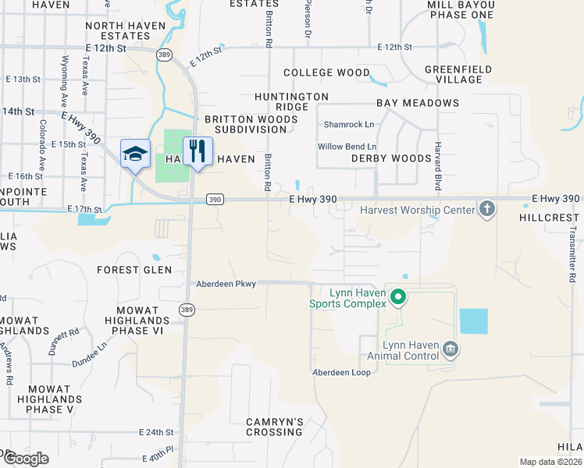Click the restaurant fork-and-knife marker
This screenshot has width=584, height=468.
coord(198,151)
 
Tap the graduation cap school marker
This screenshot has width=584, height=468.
coord(134,153)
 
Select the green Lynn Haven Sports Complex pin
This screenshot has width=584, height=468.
coord(397,296)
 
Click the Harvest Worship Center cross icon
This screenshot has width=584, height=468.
coord(487,209)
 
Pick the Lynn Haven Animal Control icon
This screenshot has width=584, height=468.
coord(450,349)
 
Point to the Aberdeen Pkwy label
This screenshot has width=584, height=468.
coord(226,284)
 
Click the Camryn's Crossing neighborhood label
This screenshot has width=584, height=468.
coord(274,427)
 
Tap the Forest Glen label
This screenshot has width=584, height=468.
coord(128,270)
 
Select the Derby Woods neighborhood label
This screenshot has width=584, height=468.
coord(391,158)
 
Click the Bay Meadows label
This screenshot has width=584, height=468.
coord(418,103)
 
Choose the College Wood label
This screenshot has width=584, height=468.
coord(326,73)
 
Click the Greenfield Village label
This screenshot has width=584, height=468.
coord(458,74)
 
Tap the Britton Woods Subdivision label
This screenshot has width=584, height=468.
coord(246,124)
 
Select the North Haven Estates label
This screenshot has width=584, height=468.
coord(126,30)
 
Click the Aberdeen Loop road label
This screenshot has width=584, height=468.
coord(341,372)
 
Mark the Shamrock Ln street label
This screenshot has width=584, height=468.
coord(349,124)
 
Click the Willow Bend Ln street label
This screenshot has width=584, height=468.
coord(347,147)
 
